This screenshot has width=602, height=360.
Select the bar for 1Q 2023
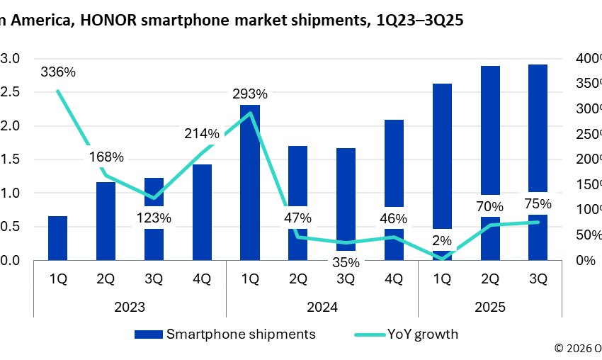click(x=57, y=238)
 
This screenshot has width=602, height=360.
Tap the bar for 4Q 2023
click(x=202, y=213)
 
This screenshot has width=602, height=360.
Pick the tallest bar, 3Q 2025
click(x=538, y=128)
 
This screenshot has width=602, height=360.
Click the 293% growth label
click(x=250, y=94)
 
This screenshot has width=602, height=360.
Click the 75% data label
click(x=538, y=204)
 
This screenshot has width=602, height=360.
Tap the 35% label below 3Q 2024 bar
click(x=346, y=263)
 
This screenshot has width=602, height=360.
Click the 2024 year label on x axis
click(x=322, y=308)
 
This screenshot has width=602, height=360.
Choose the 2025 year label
click(x=490, y=308)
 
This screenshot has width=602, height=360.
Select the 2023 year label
click(x=130, y=308)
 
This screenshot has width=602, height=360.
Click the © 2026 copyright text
click(x=577, y=348)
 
